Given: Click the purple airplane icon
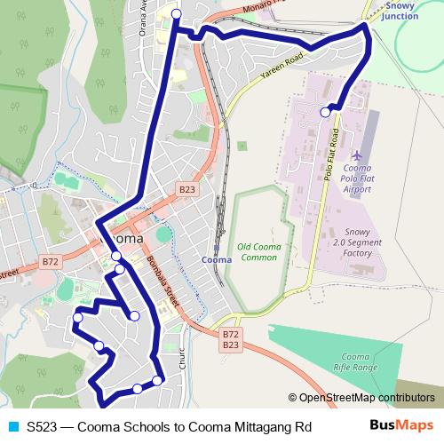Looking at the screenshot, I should [357, 155].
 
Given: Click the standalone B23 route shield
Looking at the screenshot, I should [186, 190].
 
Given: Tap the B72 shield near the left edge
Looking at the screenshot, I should [50, 263].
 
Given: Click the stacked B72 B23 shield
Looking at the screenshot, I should [230, 339].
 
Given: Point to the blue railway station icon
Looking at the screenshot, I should [216, 248].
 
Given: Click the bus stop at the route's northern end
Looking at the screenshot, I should [176, 13].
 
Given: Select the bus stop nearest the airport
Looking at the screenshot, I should [326, 112].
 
